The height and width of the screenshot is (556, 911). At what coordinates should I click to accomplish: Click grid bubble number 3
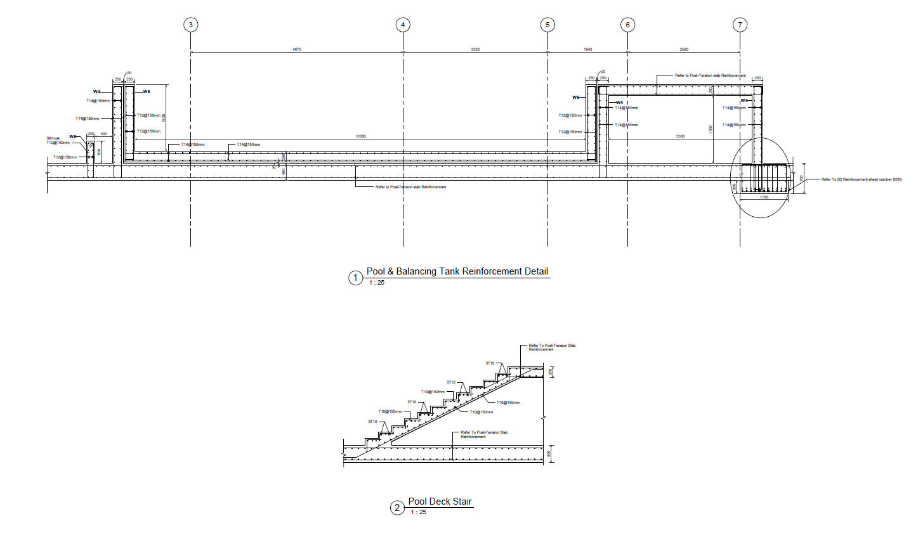click(190, 25)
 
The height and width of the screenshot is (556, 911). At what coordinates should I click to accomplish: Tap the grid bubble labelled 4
click(403, 25)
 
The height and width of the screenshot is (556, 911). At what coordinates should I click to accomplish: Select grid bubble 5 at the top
click(547, 25)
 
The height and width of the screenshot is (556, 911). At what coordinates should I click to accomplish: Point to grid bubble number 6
click(627, 25)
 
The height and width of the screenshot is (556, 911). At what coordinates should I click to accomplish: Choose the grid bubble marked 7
click(740, 25)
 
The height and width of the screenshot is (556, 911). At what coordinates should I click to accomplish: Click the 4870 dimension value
click(296, 49)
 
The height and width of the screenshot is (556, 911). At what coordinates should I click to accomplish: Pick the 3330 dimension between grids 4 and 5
click(475, 49)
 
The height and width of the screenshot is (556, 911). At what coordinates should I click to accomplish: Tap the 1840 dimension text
click(587, 49)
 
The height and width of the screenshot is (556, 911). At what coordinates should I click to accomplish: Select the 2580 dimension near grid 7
click(684, 49)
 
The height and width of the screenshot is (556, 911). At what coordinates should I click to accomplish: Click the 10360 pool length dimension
click(360, 136)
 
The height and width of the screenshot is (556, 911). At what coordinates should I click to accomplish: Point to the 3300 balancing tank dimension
click(680, 136)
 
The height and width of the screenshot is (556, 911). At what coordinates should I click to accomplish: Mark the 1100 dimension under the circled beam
click(764, 197)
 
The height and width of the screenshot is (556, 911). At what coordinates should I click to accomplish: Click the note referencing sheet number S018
click(861, 179)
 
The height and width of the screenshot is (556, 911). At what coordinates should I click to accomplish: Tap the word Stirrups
click(53, 138)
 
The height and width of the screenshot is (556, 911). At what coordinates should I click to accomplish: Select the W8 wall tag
click(72, 137)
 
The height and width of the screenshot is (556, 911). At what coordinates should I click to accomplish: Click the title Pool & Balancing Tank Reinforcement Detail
click(457, 271)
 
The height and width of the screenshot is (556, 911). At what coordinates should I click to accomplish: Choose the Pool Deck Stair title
click(440, 501)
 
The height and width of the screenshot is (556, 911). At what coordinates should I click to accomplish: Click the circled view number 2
click(397, 508)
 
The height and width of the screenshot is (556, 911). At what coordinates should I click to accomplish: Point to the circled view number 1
click(355, 278)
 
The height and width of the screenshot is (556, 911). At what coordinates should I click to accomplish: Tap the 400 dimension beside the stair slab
click(550, 454)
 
